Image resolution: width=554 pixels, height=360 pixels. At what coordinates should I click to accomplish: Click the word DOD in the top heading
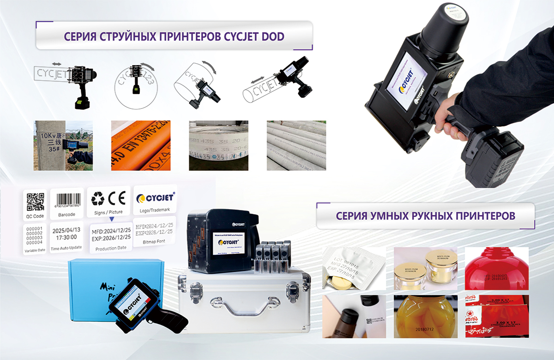pos(273,36)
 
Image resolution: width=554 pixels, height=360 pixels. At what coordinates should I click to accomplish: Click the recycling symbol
pos(98,199)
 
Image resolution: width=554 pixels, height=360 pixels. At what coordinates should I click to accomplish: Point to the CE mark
pos(117,199)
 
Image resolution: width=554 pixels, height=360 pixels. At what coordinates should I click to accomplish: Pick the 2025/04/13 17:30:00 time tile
pos(67,234)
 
